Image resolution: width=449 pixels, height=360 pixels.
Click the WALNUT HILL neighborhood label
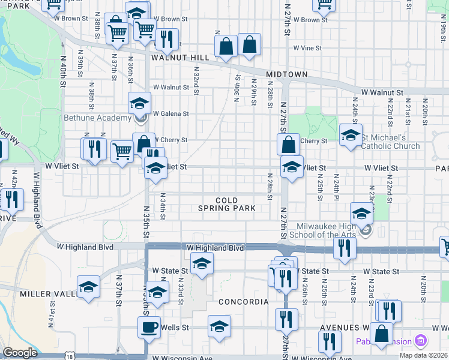tap(180, 58)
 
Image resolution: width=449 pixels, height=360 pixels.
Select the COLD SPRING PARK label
tap(227, 204)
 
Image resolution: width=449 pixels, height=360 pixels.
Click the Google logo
tap(20, 352)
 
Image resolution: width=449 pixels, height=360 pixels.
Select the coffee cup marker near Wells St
tap(149, 327)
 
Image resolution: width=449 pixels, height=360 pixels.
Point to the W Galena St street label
tap(170, 113)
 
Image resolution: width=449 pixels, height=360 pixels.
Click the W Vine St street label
tap(307, 48)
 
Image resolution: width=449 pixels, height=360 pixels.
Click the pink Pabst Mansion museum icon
tap(420, 341)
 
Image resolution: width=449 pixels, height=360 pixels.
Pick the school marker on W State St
tap(202, 263)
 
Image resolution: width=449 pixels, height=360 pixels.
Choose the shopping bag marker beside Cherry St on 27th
tap(288, 143)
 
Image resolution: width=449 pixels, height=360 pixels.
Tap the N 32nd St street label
tap(196, 76)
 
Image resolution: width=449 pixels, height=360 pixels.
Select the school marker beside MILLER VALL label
tap(88, 287)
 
